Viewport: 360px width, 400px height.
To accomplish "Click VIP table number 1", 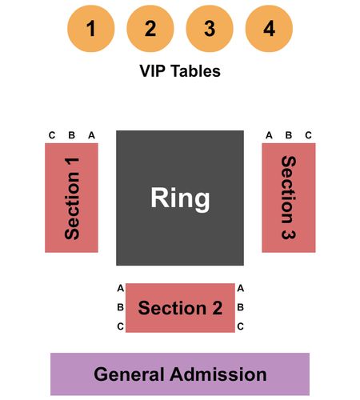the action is pyautogui.click(x=91, y=29).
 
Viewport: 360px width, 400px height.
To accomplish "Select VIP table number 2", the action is pyautogui.click(x=150, y=29).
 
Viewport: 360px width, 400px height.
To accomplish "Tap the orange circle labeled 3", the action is pyautogui.click(x=210, y=29).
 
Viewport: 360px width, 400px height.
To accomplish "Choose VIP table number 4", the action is pyautogui.click(x=269, y=29).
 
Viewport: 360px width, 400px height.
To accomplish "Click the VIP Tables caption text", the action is pyautogui.click(x=180, y=71).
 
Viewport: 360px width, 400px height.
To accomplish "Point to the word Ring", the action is pyautogui.click(x=180, y=198).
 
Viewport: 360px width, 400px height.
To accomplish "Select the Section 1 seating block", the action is pyautogui.click(x=71, y=198).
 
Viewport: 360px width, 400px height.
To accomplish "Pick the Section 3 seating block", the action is pyautogui.click(x=289, y=198).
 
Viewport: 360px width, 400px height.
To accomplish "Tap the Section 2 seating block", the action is pyautogui.click(x=180, y=308).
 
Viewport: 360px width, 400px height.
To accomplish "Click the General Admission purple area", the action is pyautogui.click(x=180, y=374).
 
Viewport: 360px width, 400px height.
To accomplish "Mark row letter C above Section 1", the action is pyautogui.click(x=52, y=135).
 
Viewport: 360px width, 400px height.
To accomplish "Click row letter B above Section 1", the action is pyautogui.click(x=71, y=135).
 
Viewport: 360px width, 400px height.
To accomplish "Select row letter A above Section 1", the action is pyautogui.click(x=91, y=135).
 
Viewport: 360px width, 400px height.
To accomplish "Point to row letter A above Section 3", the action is pyautogui.click(x=269, y=135).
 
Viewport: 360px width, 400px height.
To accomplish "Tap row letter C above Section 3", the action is pyautogui.click(x=308, y=135).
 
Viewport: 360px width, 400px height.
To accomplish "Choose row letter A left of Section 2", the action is pyautogui.click(x=121, y=288).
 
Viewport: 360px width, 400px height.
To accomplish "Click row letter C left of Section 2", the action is pyautogui.click(x=121, y=326).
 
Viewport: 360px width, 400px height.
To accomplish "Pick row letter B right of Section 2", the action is pyautogui.click(x=240, y=307).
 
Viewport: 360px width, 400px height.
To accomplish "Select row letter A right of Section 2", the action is pyautogui.click(x=241, y=288).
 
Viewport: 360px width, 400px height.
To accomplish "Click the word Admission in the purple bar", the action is pyautogui.click(x=218, y=374).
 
